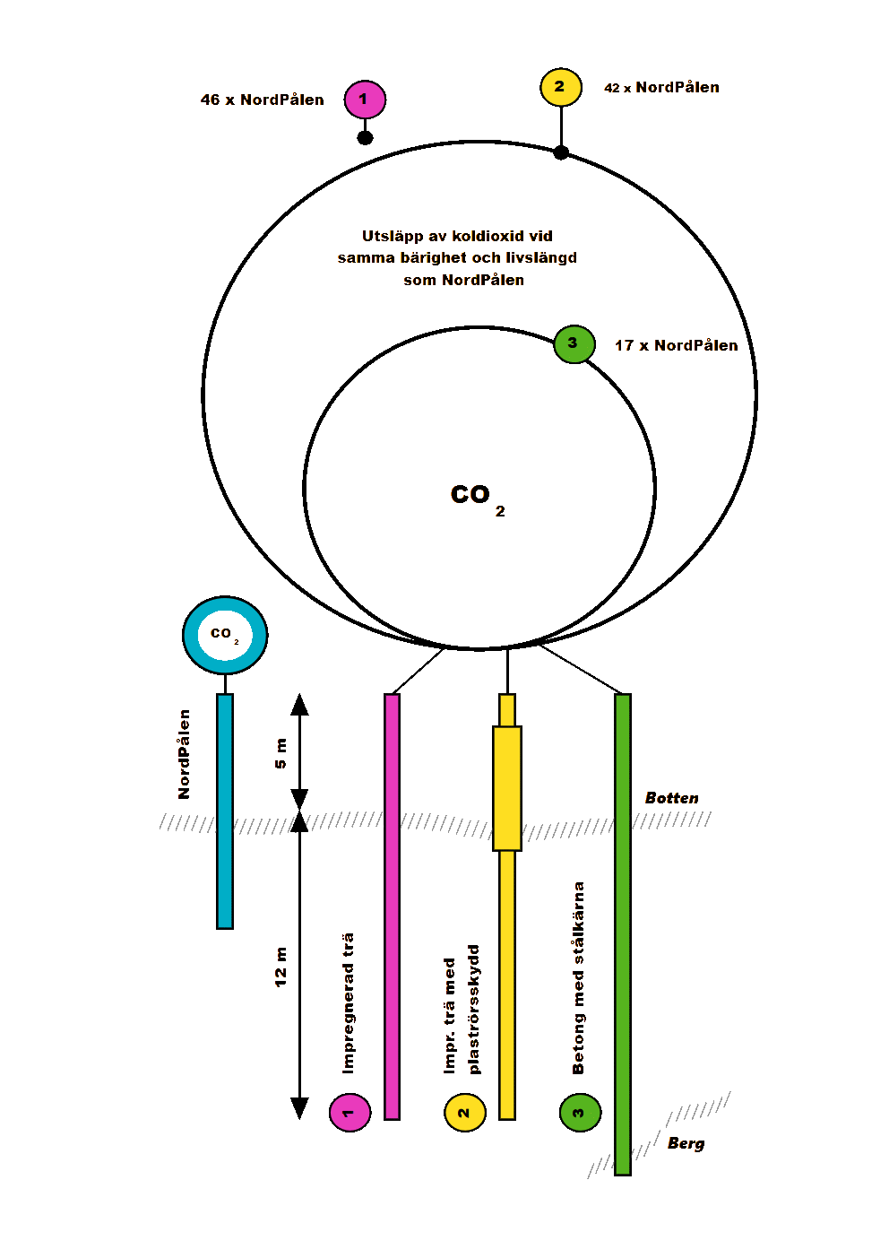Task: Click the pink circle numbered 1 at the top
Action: click(x=365, y=100)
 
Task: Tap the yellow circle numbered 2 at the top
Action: click(x=561, y=88)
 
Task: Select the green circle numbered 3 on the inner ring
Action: click(x=574, y=344)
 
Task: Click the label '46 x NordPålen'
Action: click(x=263, y=100)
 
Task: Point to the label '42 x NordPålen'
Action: click(x=661, y=88)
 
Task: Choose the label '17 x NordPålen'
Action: click(x=677, y=346)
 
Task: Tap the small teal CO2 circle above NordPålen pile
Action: click(x=225, y=635)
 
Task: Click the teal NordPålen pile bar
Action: click(x=225, y=811)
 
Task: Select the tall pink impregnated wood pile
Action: click(x=392, y=906)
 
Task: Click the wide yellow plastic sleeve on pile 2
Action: click(x=507, y=788)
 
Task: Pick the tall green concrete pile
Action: click(x=623, y=933)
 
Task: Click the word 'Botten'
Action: click(x=672, y=798)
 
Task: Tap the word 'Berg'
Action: click(x=686, y=1143)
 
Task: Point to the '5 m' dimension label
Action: click(x=281, y=753)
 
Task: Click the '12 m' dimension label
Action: click(x=281, y=967)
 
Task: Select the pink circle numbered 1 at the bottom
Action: click(x=350, y=1113)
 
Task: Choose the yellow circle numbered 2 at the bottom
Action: click(x=465, y=1113)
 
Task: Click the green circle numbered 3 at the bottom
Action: click(x=580, y=1113)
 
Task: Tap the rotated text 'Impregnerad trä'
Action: click(x=349, y=1003)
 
